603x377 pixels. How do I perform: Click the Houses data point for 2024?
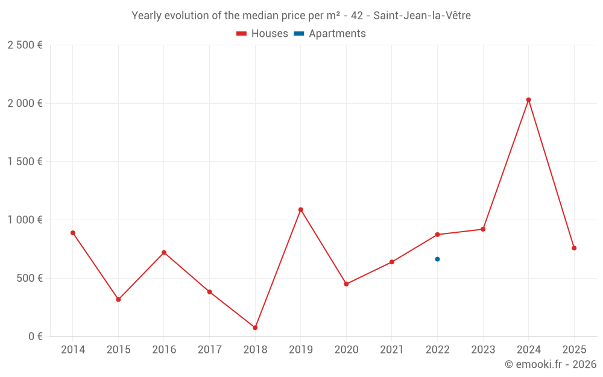tap(528, 100)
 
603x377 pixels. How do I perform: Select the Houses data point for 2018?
tap(255, 328)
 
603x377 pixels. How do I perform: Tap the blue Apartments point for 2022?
tap(437, 259)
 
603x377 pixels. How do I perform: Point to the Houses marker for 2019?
tap(300, 210)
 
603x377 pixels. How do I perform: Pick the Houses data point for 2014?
tap(73, 233)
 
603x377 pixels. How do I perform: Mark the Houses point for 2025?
tap(574, 248)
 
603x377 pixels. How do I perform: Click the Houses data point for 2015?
tap(118, 299)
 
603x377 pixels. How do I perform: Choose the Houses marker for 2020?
tap(346, 284)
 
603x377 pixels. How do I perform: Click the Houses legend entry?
tap(262, 34)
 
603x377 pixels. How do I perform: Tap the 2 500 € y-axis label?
tap(25, 45)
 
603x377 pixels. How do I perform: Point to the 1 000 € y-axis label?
tap(25, 220)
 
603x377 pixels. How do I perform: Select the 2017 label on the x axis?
tap(209, 350)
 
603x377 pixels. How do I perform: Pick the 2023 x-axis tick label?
tap(483, 350)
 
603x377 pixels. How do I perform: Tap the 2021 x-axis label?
tap(392, 350)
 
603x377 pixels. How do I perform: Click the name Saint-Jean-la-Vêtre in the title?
tap(422, 16)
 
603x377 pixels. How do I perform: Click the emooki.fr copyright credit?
tap(550, 364)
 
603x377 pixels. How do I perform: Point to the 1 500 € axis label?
tap(25, 162)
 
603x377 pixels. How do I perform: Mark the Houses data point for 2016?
tap(164, 253)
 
